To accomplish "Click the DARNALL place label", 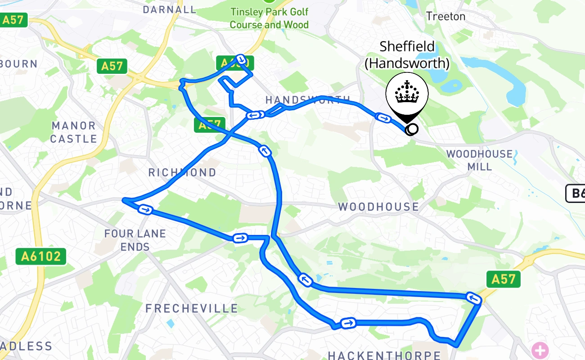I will [x=170, y=9].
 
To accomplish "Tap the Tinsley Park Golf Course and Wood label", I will [x=269, y=18].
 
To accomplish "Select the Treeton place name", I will [x=445, y=17].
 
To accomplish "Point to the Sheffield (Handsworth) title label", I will [x=407, y=54].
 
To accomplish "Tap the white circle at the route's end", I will [x=411, y=130].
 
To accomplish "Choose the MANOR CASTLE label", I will [x=73, y=132].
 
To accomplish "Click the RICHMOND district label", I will [x=182, y=172].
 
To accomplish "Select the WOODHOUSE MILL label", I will [x=479, y=160].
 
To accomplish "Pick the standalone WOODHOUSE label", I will [x=378, y=207].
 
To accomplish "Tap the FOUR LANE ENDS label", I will [x=135, y=240].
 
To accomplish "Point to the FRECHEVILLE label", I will [x=192, y=309].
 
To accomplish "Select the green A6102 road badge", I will [x=41, y=256].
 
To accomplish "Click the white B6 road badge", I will [x=576, y=193].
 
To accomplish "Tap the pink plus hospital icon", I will [x=540, y=349].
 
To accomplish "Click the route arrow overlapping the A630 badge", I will [x=242, y=59].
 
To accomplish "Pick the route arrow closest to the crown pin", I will [x=383, y=118].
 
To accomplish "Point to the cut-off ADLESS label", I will [x=26, y=346].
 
